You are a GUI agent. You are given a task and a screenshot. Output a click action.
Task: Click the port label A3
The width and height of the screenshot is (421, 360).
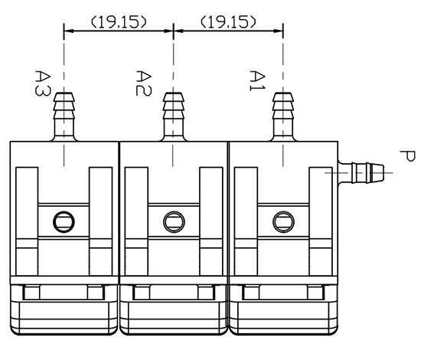click(x=42, y=83)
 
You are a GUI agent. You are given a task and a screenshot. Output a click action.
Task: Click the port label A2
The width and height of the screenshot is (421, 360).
click(x=144, y=83)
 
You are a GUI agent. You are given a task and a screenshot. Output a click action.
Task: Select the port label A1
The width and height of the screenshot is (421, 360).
click(x=257, y=81)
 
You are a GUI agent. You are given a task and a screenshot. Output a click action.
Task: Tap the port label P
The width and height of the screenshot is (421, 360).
click(x=407, y=156)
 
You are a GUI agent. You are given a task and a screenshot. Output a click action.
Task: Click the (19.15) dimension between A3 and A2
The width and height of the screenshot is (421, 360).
click(x=119, y=22)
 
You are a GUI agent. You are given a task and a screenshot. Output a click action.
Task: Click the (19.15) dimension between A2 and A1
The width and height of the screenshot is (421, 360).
click(x=229, y=22)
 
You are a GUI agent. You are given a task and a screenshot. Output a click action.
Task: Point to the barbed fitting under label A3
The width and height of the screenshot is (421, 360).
click(x=64, y=116)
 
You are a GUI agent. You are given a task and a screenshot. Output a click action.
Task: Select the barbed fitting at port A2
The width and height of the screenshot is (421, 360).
click(x=174, y=116)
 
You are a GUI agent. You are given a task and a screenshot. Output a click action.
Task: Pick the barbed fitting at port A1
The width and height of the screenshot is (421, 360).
click(x=283, y=116)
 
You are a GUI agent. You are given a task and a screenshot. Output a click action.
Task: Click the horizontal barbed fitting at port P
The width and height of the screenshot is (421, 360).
click(x=361, y=173)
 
